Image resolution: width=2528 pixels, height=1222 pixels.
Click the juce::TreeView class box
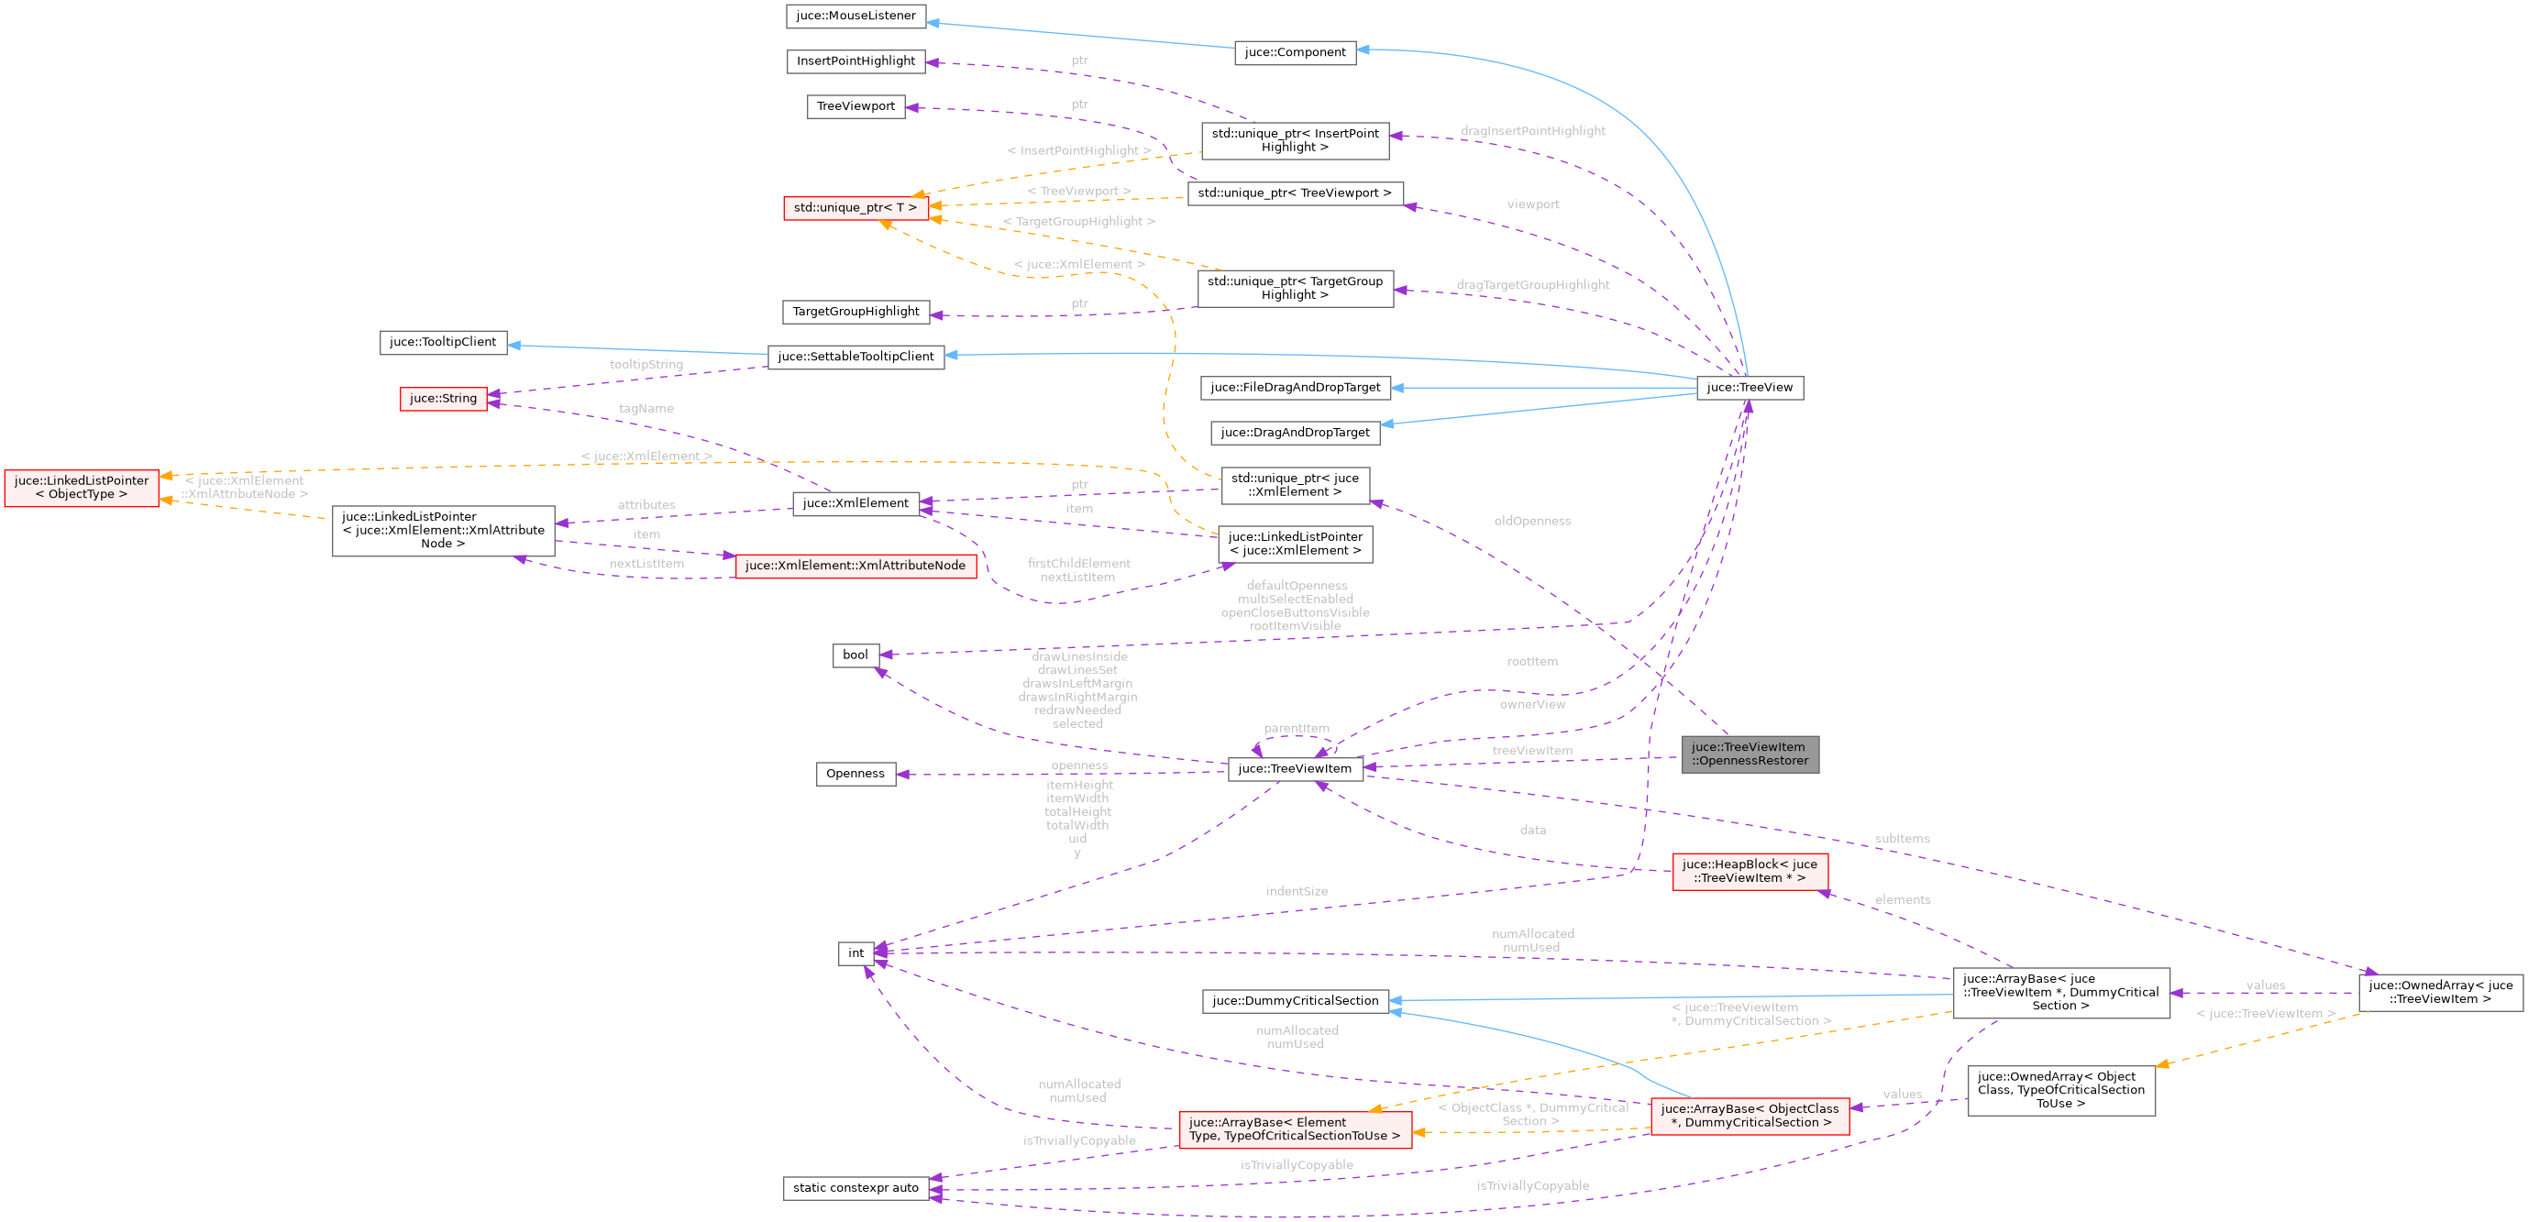[x=1749, y=388]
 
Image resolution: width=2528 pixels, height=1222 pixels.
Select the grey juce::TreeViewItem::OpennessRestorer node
[x=1749, y=754]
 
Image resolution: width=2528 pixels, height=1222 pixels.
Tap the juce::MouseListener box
[x=855, y=16]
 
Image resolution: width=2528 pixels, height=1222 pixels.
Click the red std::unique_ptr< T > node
[x=855, y=208]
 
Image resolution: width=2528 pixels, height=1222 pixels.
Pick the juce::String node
[x=443, y=399]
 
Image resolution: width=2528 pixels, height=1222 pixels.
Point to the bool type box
[x=855, y=655]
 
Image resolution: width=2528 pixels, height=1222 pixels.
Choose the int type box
[x=855, y=953]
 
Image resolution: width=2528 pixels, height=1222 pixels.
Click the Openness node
[x=855, y=774]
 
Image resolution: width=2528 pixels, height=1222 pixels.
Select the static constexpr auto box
[x=855, y=1188]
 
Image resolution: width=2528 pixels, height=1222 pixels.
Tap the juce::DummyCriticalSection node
[x=1295, y=1001]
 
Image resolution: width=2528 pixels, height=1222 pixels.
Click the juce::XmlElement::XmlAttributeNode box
[x=855, y=566]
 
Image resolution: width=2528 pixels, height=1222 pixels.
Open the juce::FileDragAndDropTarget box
[x=1295, y=388]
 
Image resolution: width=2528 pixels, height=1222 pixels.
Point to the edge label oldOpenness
[x=1532, y=522]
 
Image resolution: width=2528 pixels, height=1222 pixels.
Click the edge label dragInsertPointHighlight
[x=1532, y=131]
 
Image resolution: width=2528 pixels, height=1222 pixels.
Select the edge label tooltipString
[x=646, y=365]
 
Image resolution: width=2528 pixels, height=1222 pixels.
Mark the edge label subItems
[x=1901, y=839]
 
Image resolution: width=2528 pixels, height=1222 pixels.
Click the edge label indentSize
[x=1297, y=891]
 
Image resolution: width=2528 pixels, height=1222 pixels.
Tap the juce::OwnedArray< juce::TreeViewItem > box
[x=2440, y=992]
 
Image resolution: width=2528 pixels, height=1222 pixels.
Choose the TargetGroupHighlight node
[x=855, y=312]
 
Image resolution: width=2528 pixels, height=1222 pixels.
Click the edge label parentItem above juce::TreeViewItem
[x=1297, y=728]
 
